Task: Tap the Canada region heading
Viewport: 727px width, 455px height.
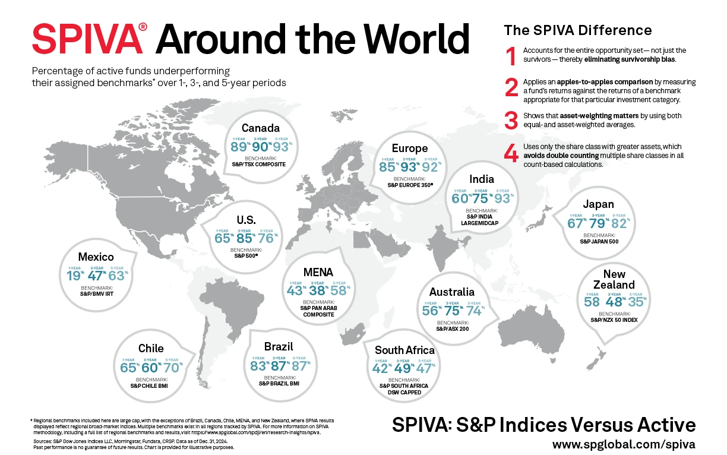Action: (x=260, y=128)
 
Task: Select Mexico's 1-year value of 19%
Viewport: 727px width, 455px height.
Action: (x=75, y=277)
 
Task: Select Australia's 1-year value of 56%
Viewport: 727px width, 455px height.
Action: (x=429, y=311)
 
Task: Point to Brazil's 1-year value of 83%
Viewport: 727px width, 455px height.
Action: (x=259, y=366)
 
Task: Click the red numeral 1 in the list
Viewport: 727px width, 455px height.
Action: (x=510, y=56)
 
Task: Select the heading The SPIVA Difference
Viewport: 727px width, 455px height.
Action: (x=577, y=30)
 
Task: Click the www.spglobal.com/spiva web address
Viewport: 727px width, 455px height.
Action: (x=624, y=444)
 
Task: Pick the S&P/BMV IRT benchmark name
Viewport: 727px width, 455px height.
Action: (x=96, y=293)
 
